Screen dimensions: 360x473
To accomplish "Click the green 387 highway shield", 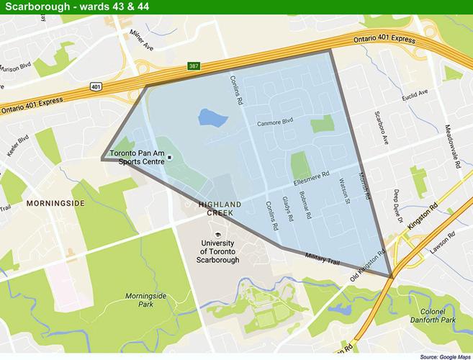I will [193, 64].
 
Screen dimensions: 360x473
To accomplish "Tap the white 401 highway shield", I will [95, 86].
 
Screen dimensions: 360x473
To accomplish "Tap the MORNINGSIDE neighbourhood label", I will [55, 204].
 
